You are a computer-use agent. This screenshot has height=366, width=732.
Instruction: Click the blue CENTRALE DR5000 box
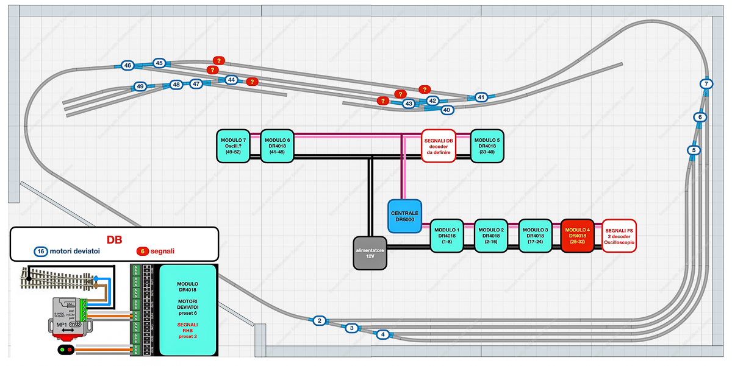coord(405,216)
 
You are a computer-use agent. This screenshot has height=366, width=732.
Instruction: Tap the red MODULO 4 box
coord(577,236)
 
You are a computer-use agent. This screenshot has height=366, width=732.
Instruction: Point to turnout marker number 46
coord(127,65)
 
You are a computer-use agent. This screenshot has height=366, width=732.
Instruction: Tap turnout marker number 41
coord(481,97)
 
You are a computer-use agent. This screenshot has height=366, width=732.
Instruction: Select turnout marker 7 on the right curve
coord(706,84)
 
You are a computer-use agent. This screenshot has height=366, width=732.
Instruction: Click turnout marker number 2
coord(319,320)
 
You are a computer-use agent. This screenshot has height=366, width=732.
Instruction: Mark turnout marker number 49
coord(140,86)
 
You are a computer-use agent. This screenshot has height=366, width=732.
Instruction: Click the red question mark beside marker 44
coord(251,81)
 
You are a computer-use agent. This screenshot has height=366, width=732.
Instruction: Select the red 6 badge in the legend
coord(142,251)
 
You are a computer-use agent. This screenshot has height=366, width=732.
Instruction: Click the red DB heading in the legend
coord(114,239)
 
